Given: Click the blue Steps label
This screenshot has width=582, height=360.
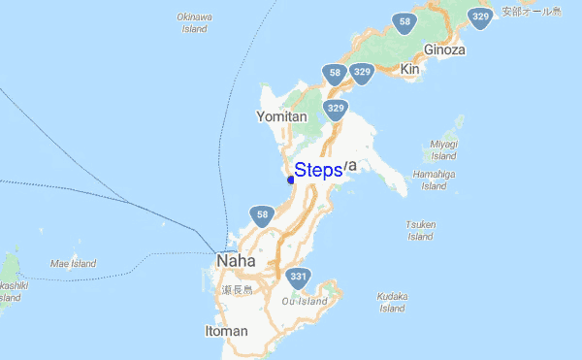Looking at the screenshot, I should click(x=318, y=170).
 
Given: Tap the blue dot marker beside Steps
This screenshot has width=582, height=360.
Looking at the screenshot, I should click(x=291, y=179).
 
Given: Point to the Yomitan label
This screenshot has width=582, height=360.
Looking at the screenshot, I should click(x=281, y=116).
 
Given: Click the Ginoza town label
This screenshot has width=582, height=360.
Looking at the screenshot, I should click(x=444, y=49).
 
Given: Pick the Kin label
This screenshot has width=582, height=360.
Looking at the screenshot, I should click(x=409, y=70).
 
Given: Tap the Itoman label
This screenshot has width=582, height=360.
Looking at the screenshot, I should click(x=227, y=331).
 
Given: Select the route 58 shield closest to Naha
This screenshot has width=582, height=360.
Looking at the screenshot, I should click(x=261, y=214).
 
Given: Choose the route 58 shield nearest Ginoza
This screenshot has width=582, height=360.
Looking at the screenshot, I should click(x=404, y=21).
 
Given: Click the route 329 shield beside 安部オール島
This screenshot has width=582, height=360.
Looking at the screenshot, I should click(x=479, y=17).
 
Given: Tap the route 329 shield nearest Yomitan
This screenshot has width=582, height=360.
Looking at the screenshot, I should click(x=336, y=108).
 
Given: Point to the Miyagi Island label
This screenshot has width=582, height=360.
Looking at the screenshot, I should click(x=443, y=149).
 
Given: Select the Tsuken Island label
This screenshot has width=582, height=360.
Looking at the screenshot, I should click(x=420, y=230).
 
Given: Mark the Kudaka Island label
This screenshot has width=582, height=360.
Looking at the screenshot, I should click(x=392, y=302).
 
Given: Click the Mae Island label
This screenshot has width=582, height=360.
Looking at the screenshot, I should click(x=73, y=263).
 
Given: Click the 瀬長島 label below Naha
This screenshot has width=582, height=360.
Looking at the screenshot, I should click(x=237, y=289).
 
